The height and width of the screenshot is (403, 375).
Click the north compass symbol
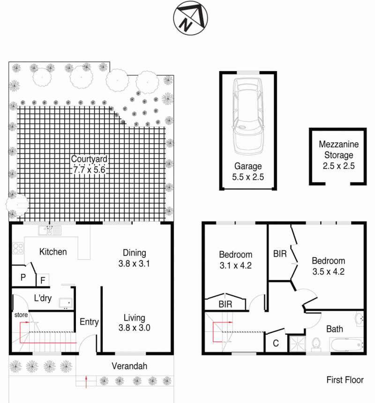point(190,18)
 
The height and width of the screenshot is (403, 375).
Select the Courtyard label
point(89,159)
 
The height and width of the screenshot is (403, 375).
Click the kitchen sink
point(50,230)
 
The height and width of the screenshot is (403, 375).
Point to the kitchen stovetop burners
point(18,248)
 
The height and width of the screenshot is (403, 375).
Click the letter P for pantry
point(23,277)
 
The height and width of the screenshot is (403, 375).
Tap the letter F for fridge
point(43,280)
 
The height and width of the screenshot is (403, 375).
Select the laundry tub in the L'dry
point(66,303)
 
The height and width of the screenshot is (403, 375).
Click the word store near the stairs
point(21,315)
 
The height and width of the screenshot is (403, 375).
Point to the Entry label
point(89,322)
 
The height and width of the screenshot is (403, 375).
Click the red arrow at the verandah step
point(86,381)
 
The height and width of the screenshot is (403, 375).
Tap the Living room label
point(135,318)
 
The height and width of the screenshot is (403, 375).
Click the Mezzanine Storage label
point(339,150)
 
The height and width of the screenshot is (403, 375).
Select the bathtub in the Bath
point(346,345)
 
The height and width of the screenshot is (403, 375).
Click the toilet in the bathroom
point(316,344)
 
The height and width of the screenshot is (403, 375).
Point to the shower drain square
point(298,344)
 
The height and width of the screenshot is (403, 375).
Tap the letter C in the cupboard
point(276,343)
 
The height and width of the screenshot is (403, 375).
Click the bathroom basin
point(360,319)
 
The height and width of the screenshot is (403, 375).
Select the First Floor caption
point(345,380)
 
